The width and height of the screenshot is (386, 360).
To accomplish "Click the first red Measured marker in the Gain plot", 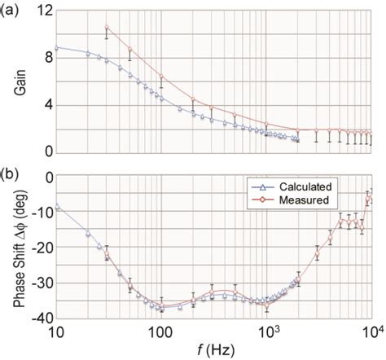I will pos(107,28).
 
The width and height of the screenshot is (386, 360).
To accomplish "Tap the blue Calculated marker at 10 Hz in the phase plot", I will pos(56,207).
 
